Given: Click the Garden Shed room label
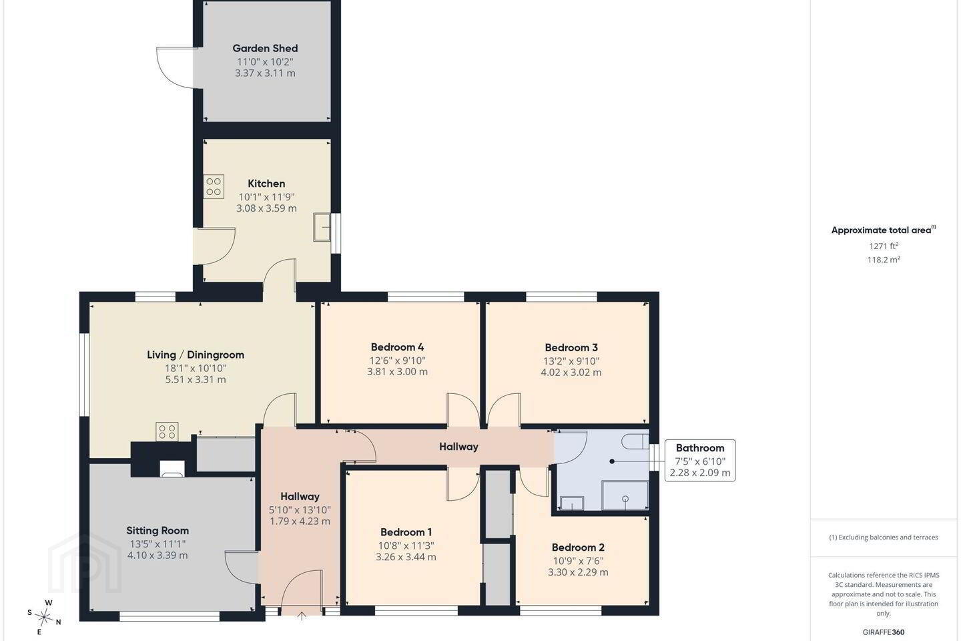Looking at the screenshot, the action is point(265,49).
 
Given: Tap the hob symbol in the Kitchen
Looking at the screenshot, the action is point(214,186).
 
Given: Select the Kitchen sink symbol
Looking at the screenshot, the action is point(322,227).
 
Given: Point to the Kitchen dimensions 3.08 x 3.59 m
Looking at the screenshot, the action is point(266,208).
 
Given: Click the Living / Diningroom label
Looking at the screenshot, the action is point(196,355).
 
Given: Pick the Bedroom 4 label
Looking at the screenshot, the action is point(397,347).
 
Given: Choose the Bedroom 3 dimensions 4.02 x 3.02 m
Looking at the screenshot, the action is point(571,372).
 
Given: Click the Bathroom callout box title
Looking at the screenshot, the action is point(700,448).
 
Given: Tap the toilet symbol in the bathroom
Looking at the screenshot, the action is point(635,441).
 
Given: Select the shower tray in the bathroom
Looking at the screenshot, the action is point(625,495).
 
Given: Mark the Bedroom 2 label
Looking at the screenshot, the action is point(578,548).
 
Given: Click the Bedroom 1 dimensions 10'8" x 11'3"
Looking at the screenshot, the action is point(406,546).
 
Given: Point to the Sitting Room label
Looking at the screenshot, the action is point(157,531).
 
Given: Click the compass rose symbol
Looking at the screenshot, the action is point(44,618).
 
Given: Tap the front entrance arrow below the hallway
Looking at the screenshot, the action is point(302,616).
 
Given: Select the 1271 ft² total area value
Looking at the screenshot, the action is point(884,246).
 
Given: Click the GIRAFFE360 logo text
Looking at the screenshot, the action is point(884,632).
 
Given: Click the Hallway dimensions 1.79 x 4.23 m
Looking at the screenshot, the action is point(300,521).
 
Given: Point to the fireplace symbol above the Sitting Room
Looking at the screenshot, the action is point(172,469).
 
